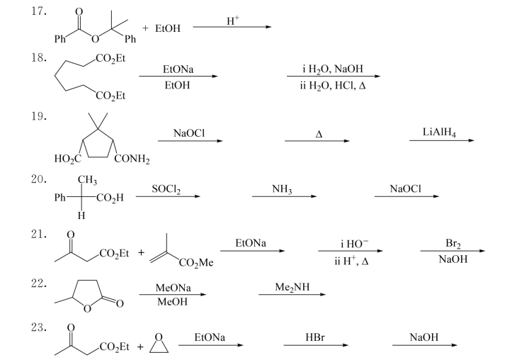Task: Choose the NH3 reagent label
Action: [282, 189]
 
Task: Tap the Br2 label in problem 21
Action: [453, 243]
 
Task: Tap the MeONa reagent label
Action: [171, 289]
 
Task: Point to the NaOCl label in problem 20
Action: [405, 189]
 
